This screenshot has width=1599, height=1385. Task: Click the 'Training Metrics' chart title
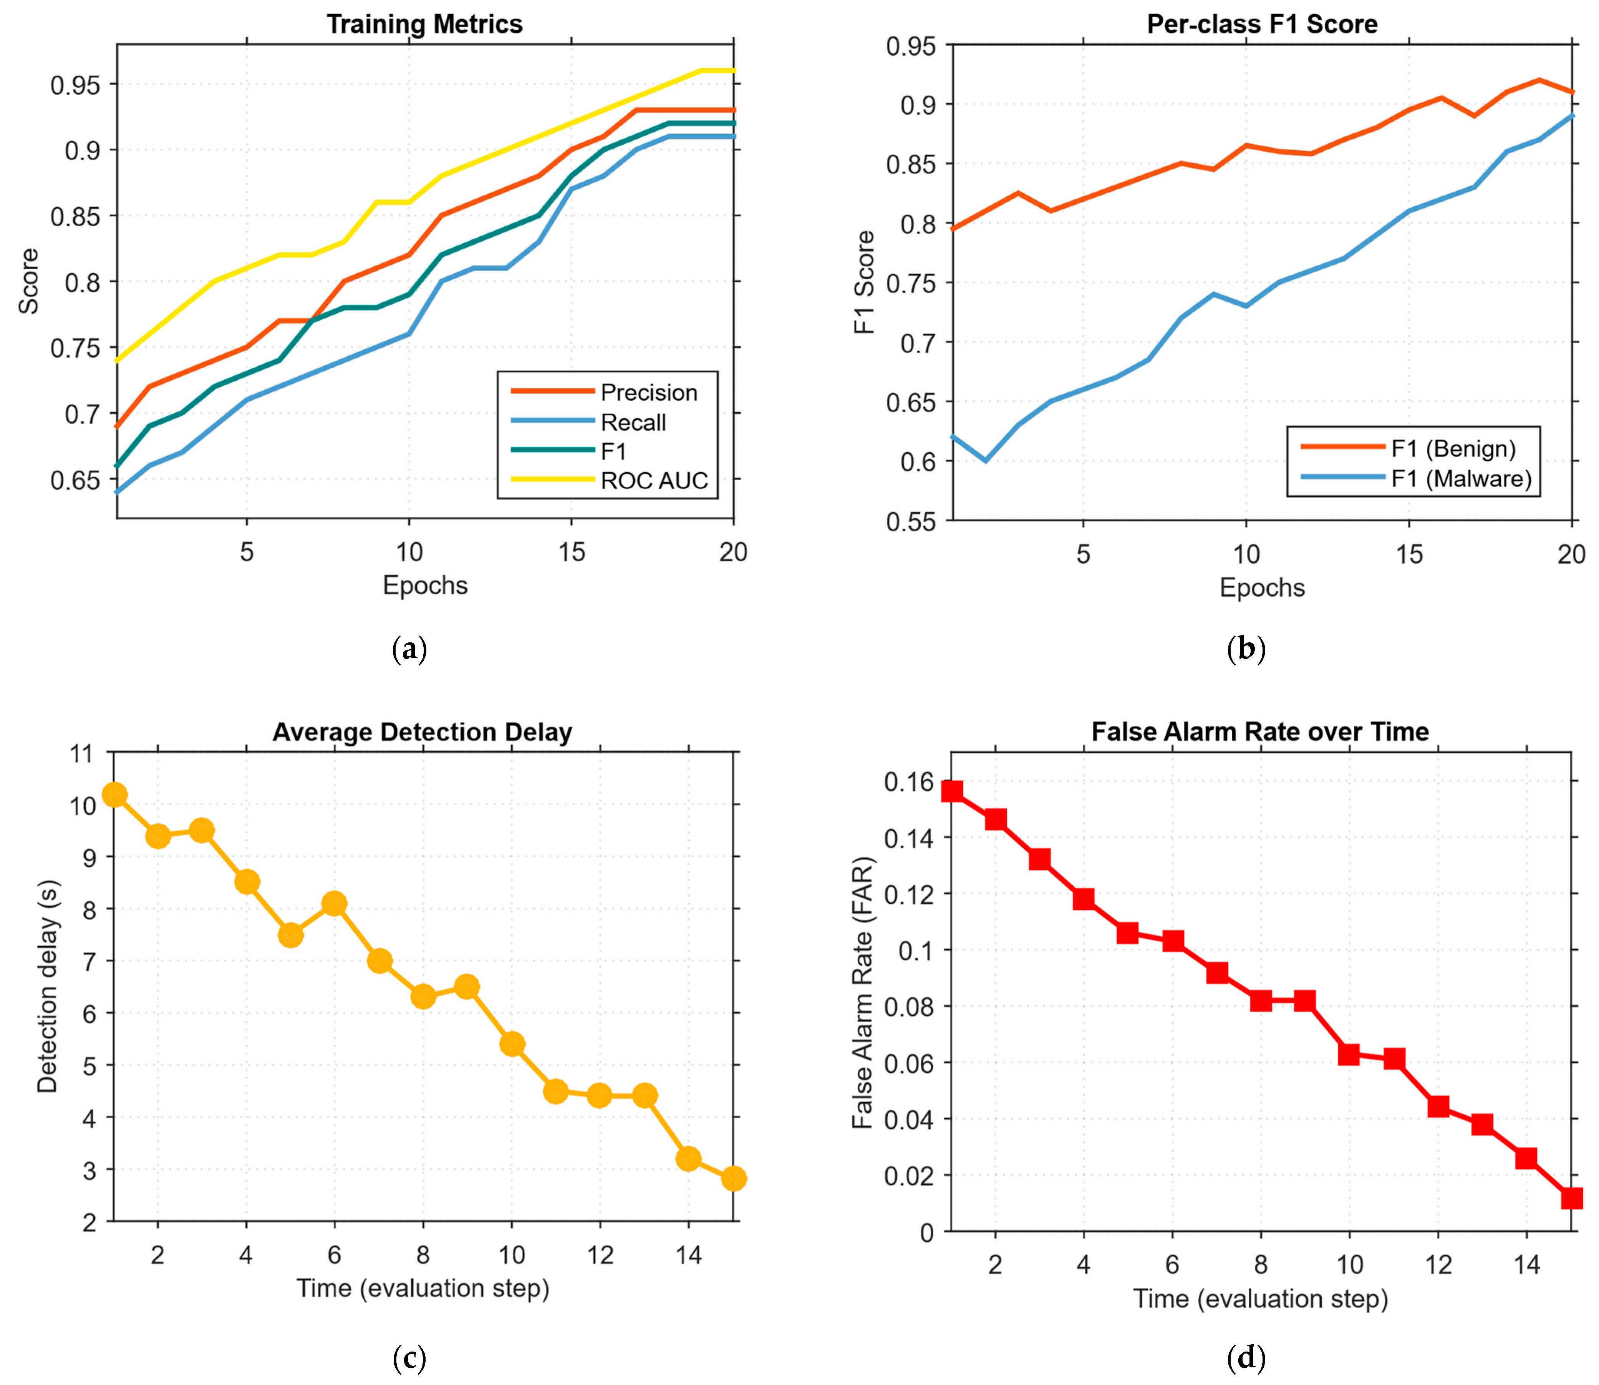pyautogui.click(x=424, y=25)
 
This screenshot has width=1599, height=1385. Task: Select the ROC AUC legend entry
pyautogui.click(x=654, y=481)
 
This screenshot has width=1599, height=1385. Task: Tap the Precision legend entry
pyautogui.click(x=648, y=393)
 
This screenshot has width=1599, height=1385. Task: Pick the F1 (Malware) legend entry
pyautogui.click(x=1461, y=478)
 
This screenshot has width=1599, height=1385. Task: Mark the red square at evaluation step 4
pyautogui.click(x=1084, y=898)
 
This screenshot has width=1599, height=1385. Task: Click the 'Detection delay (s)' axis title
pyautogui.click(x=48, y=987)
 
